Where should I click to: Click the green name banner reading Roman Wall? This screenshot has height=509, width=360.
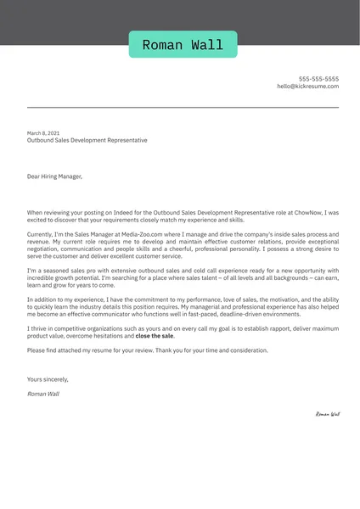click(183, 44)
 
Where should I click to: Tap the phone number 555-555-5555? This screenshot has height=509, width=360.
click(318, 78)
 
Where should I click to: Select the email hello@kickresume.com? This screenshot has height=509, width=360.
click(307, 87)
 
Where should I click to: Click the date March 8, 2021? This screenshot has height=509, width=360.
click(43, 133)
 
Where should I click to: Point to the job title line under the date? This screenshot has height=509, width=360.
click(87, 141)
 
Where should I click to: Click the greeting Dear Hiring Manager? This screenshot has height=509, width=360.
click(55, 176)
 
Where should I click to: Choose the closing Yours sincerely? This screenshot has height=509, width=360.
click(48, 379)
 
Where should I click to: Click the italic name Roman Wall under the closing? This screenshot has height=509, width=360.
click(43, 394)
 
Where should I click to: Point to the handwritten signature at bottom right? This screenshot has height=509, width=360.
click(327, 414)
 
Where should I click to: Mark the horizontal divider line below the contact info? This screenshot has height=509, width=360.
click(183, 108)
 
